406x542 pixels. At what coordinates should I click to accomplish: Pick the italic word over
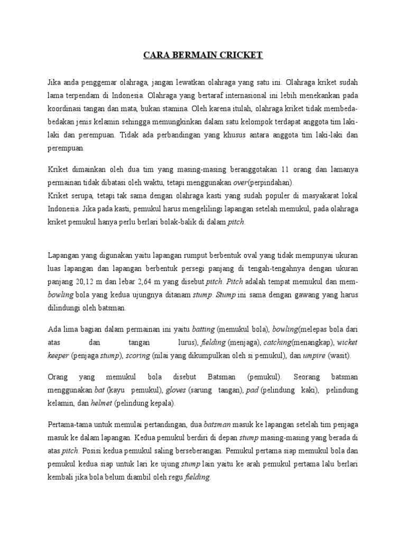tap(241, 183)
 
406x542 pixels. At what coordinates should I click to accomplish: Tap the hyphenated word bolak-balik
tap(172, 222)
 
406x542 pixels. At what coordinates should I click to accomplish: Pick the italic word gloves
tap(177, 390)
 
